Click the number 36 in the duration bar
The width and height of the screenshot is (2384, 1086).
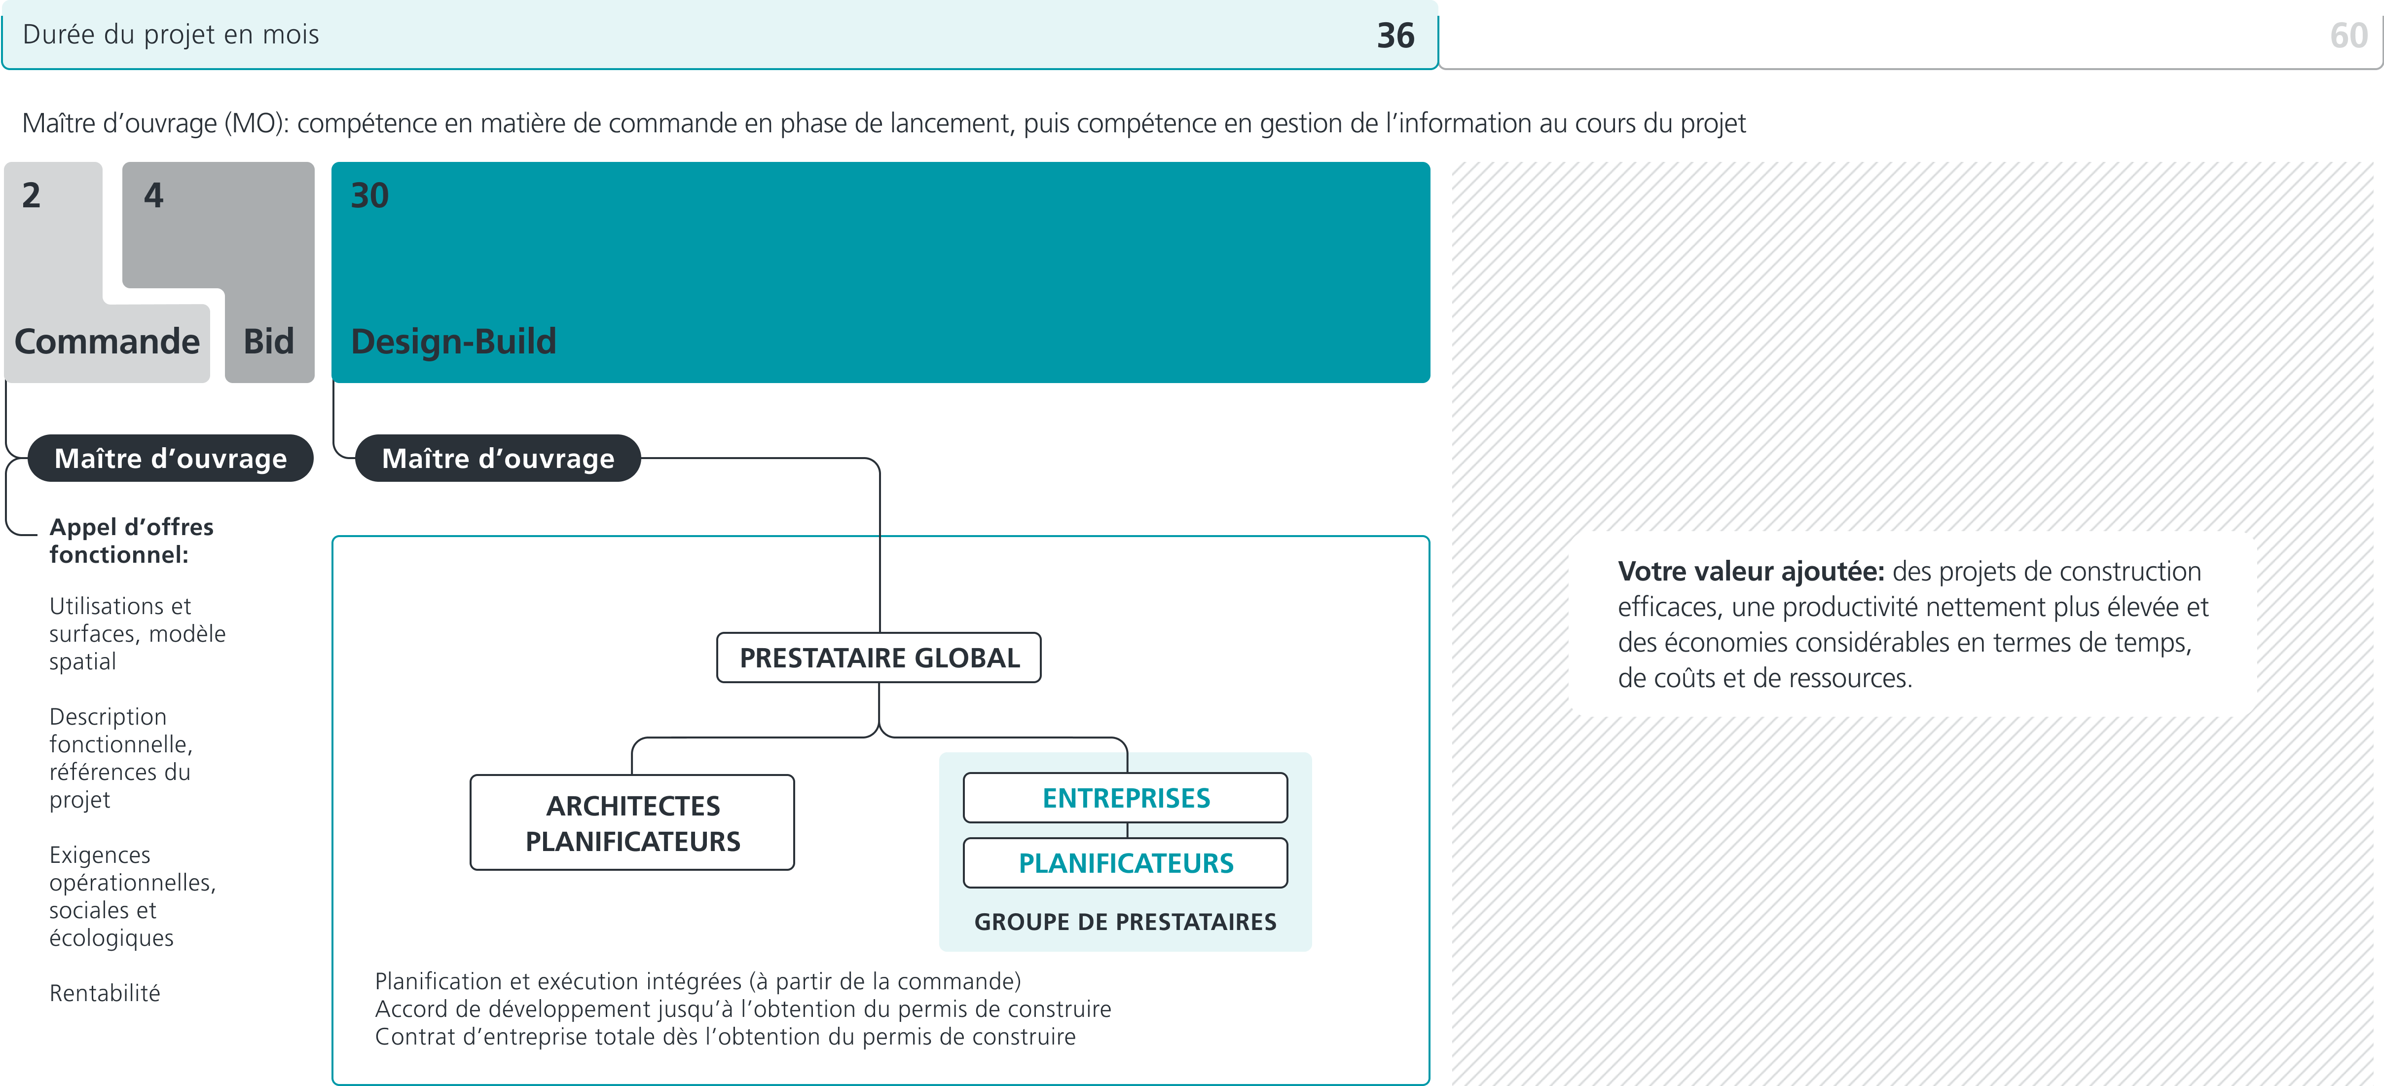click(1394, 35)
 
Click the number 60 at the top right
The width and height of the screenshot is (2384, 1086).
click(2348, 35)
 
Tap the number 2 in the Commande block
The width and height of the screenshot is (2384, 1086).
click(32, 195)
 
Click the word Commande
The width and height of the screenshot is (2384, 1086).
click(108, 342)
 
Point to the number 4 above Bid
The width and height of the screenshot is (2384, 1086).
click(153, 195)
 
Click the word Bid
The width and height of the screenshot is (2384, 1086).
click(268, 342)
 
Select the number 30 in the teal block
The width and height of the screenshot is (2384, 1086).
click(369, 195)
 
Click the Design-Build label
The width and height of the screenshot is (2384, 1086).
click(453, 342)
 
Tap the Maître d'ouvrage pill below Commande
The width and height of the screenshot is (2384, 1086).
click(170, 458)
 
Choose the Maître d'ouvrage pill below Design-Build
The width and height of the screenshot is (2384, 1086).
click(498, 458)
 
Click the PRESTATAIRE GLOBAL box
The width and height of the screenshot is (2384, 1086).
click(879, 658)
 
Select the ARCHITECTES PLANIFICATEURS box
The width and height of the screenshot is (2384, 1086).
click(633, 823)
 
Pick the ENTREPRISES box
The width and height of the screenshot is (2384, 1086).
click(1125, 798)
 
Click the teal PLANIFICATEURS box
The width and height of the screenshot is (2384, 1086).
click(1125, 863)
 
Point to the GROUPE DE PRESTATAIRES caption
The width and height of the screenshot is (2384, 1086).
click(1125, 922)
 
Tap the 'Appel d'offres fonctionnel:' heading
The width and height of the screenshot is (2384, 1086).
click(131, 541)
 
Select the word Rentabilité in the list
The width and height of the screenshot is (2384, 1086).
click(105, 993)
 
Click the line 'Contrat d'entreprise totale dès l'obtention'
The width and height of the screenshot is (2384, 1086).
click(725, 1037)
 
